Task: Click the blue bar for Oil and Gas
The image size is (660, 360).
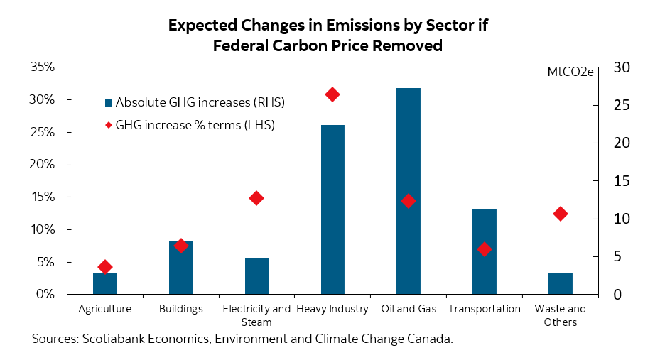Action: [409, 192]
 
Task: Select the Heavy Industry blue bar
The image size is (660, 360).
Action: [332, 209]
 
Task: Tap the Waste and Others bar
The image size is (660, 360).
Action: [561, 283]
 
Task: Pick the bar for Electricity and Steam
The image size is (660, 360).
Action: [256, 276]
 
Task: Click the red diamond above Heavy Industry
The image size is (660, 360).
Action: [332, 94]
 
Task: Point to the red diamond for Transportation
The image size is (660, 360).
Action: [485, 249]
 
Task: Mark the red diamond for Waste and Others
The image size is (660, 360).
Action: [561, 214]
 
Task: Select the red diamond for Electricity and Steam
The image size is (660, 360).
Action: [256, 198]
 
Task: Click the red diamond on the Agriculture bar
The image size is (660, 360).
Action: [105, 267]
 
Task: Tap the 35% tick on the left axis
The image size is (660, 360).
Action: [42, 67]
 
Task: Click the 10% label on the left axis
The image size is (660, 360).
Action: [42, 230]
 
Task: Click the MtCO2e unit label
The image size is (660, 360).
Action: [570, 72]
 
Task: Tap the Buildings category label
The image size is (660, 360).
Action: [181, 309]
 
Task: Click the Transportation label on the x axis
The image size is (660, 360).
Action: [485, 309]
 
